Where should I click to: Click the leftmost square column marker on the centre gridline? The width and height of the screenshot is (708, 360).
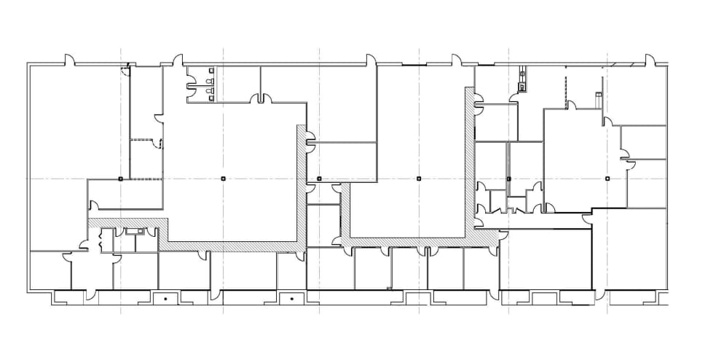coord(121,178)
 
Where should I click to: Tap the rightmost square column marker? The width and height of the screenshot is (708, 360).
coord(607,178)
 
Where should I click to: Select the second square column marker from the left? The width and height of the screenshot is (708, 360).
coord(223,178)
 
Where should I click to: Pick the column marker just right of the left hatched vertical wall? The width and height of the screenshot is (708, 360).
coord(319,178)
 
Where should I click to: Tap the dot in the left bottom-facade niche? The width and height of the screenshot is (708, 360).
coord(165,299)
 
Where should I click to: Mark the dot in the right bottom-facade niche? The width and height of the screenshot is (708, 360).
coord(291,299)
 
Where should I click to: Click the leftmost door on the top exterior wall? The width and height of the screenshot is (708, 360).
coord(69,60)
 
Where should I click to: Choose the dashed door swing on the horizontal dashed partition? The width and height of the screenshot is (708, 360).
coord(156,144)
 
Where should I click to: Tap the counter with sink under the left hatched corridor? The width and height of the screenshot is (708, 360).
coord(135,232)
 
